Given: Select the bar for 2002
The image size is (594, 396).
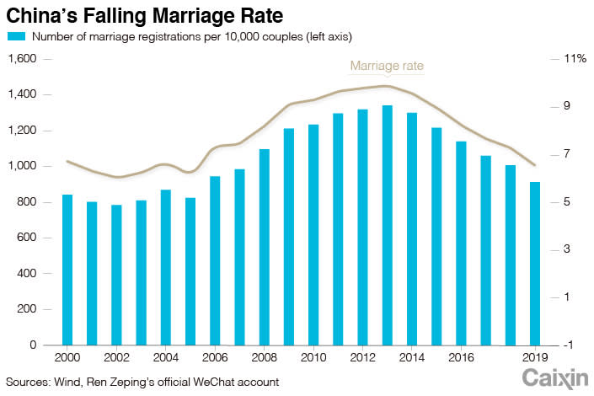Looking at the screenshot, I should tap(116, 275).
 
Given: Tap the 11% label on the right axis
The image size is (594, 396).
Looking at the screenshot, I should tap(576, 59).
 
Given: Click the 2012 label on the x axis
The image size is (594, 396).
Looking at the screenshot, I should tap(363, 358).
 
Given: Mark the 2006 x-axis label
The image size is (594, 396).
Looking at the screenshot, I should tap(215, 358).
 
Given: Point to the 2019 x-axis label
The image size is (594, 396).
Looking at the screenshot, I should tap(534, 358).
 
